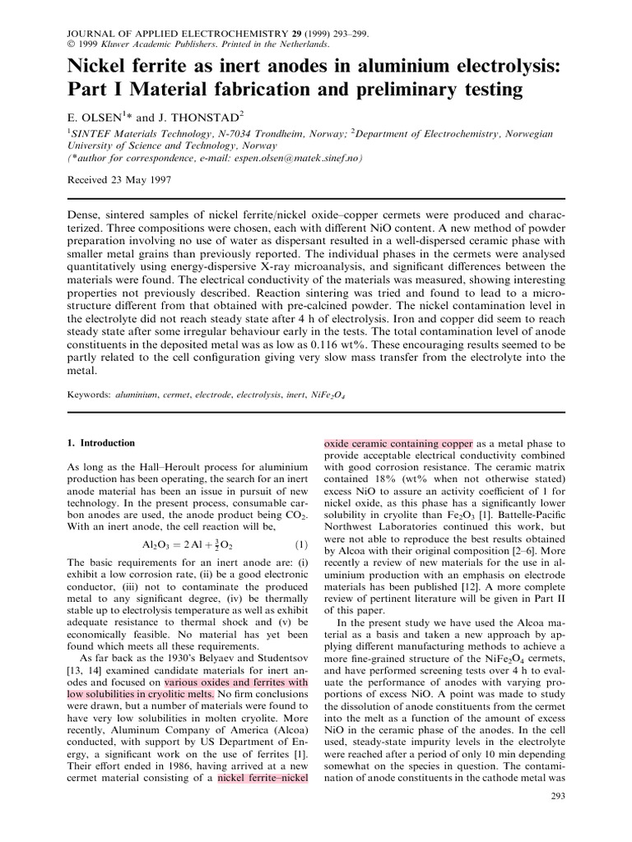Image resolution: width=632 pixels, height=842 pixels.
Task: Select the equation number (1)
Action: [300, 544]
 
